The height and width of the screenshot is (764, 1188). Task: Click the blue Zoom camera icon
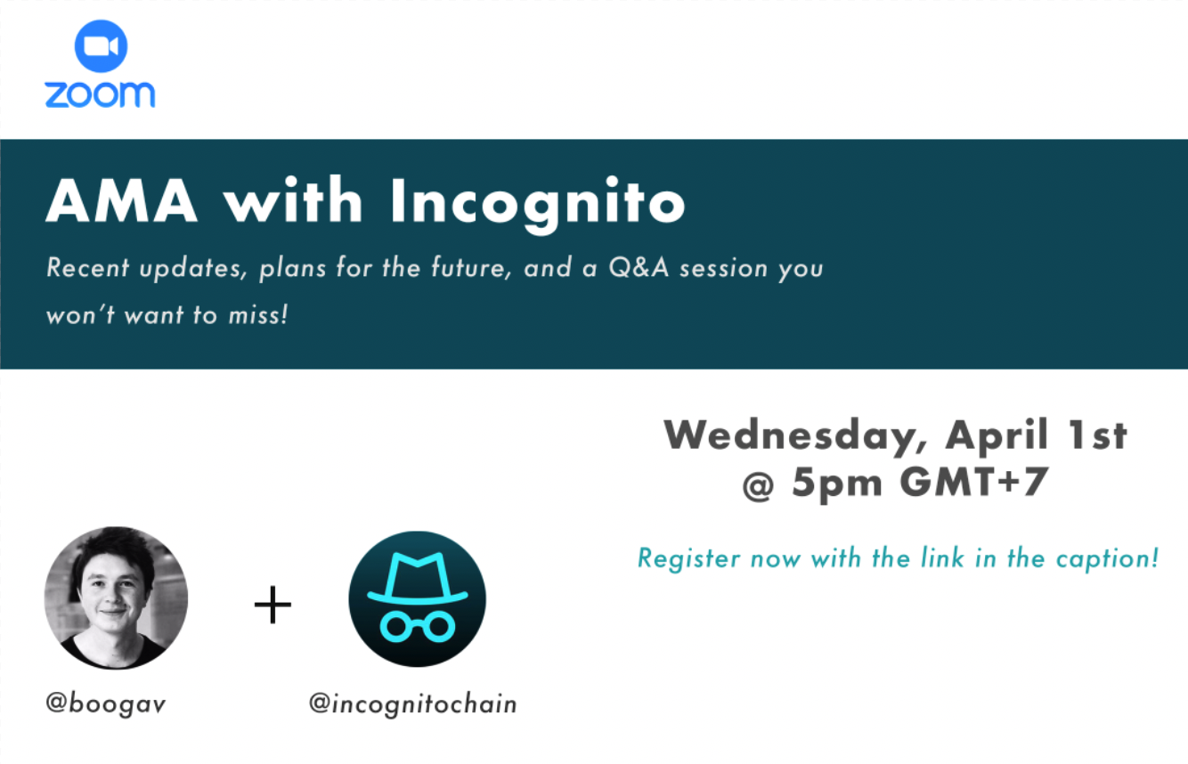point(101,46)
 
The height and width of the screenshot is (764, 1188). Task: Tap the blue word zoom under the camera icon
point(101,95)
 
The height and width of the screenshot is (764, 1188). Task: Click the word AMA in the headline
point(122,200)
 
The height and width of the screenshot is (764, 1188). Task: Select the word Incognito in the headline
point(538,204)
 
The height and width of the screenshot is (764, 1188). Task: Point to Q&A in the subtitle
point(639,267)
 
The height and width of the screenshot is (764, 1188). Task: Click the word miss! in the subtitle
point(258,315)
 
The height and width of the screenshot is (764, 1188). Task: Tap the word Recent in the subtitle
point(87,267)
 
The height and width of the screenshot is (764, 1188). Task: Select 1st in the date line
point(1097,435)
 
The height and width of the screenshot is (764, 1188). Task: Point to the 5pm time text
point(837,484)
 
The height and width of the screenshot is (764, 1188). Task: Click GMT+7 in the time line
point(973,482)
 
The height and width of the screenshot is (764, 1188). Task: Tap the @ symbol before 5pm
point(758,485)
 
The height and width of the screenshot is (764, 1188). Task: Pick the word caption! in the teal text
point(1107,559)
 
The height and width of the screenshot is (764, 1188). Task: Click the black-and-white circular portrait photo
point(116,597)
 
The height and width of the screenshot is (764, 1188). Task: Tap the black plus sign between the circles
point(273,605)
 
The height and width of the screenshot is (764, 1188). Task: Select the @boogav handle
point(106,704)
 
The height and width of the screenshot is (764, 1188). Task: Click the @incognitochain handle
point(412,704)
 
